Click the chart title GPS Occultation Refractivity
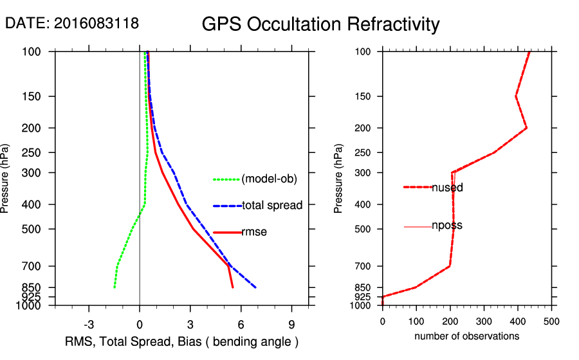coord(320,24)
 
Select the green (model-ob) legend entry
coord(269,179)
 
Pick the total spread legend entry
coord(272,206)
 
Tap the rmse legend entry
coord(254,232)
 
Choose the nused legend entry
coord(447,188)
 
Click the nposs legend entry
coord(446,226)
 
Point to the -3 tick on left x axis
coord(89,325)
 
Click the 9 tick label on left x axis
coord(291,325)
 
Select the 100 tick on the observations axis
coord(416,321)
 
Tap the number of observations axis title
coord(466,336)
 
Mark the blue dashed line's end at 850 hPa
coord(256,287)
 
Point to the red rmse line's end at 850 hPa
coord(233,287)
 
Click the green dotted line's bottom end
coord(115,287)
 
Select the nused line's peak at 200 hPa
coord(527,128)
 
